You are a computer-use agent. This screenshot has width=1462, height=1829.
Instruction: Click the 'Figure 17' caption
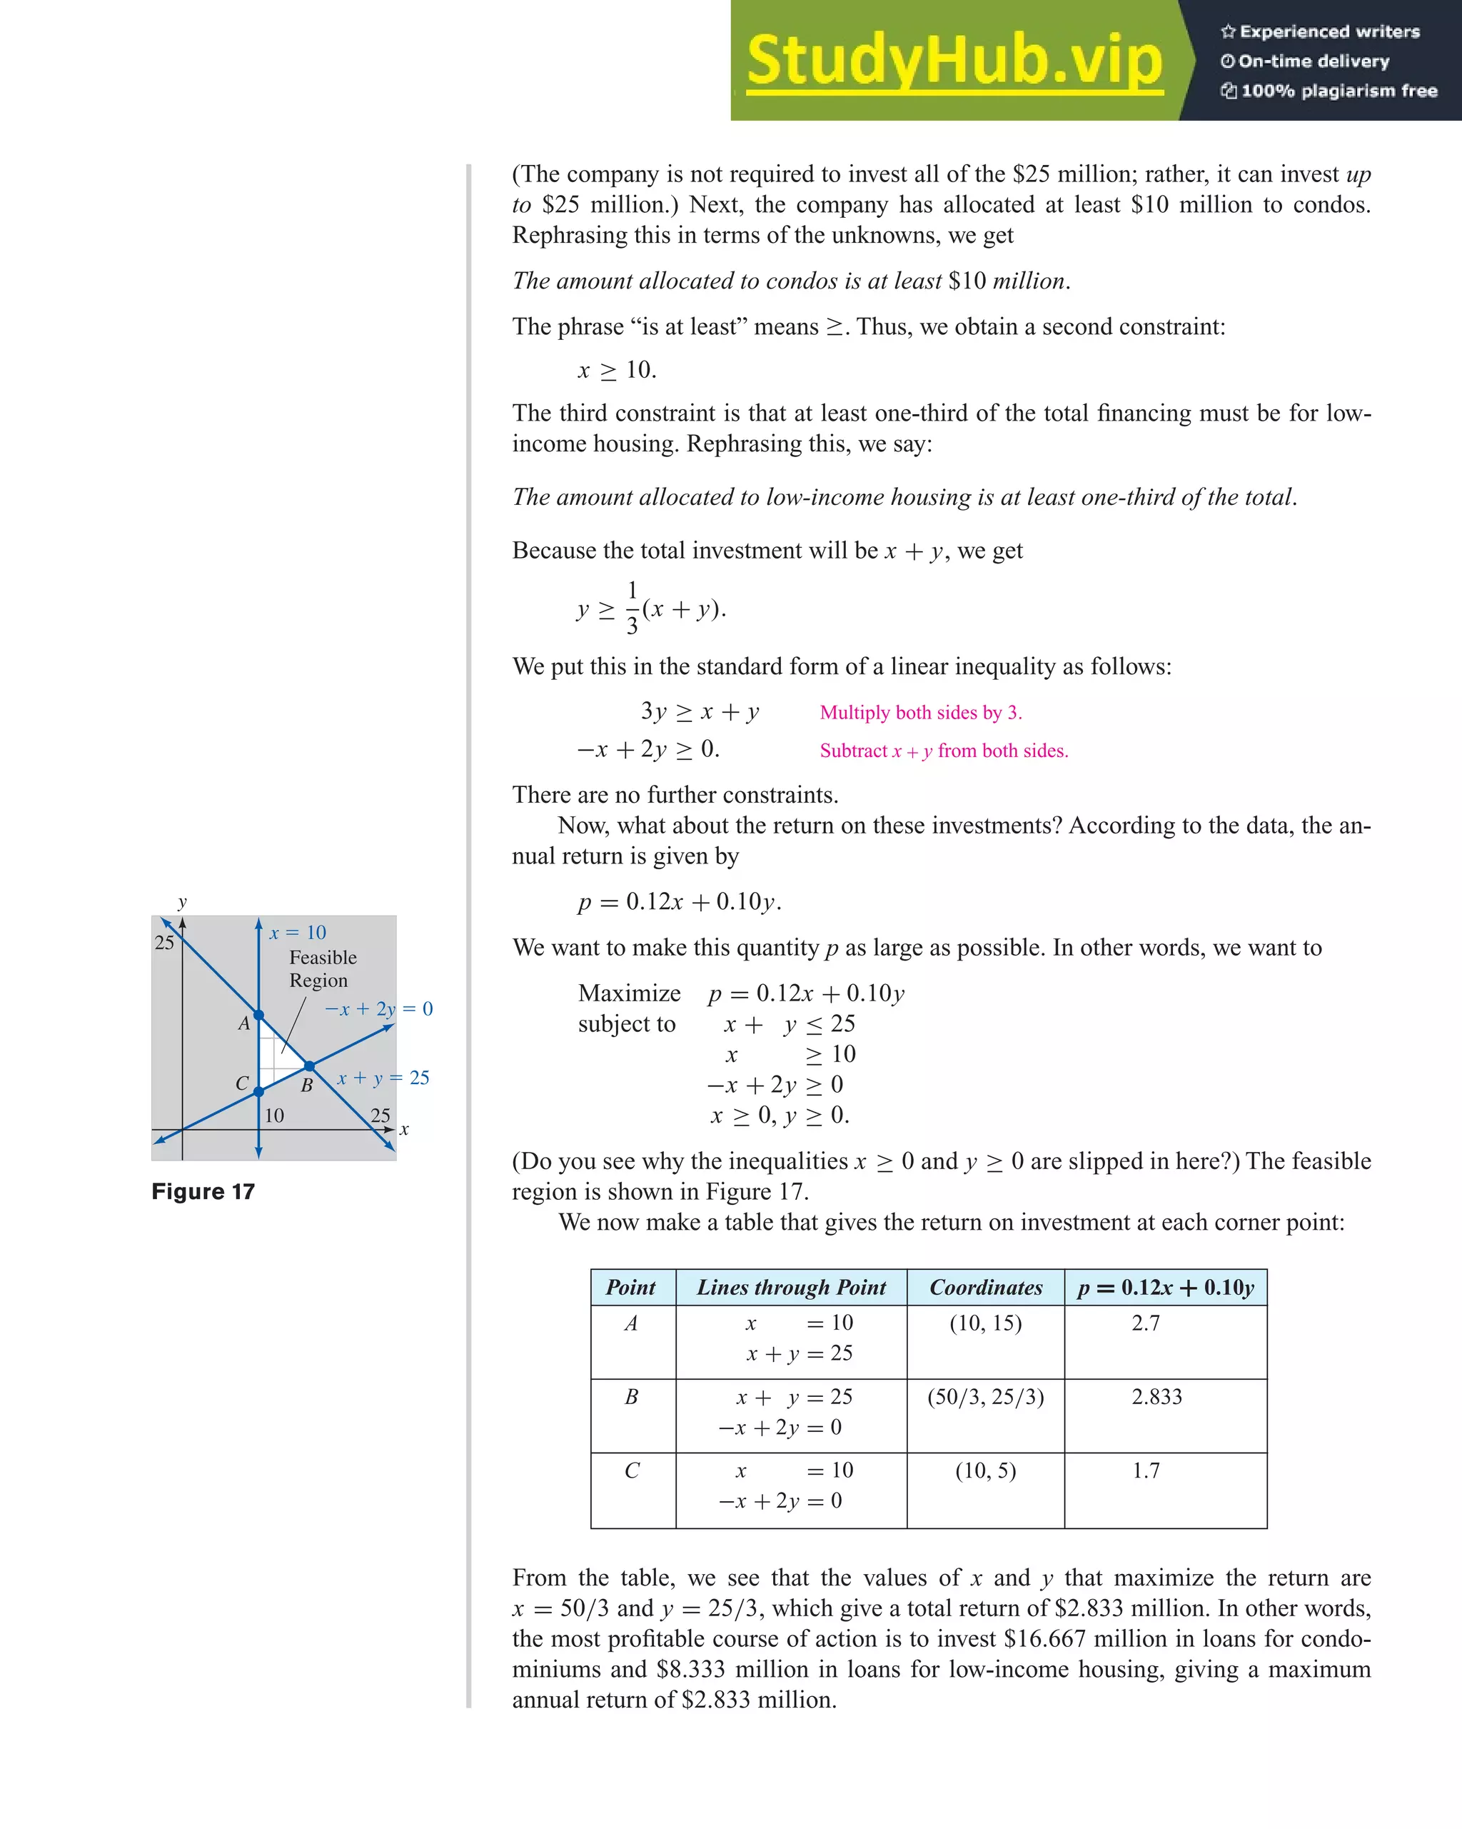[203, 1192]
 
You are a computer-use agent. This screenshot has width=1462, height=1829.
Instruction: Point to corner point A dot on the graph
[258, 1015]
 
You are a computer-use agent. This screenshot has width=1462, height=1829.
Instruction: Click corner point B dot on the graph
[310, 1066]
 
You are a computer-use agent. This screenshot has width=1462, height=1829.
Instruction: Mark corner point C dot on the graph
[258, 1092]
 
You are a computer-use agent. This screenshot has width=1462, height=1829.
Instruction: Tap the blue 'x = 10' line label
[298, 932]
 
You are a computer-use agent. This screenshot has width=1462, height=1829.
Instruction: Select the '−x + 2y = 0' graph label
[378, 1008]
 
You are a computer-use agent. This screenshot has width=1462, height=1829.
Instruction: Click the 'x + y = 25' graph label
[383, 1078]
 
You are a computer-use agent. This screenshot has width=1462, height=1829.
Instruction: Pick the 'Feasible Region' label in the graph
[322, 969]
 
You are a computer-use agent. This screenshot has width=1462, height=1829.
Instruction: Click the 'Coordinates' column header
[985, 1288]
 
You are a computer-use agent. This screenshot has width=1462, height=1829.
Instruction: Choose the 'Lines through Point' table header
[790, 1288]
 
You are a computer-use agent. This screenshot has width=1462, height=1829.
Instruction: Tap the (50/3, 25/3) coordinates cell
[985, 1397]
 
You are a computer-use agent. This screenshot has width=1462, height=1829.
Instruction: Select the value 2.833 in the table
[1156, 1397]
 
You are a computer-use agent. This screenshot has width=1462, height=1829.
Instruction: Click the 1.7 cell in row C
[1146, 1471]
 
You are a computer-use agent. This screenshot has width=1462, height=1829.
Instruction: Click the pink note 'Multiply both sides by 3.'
[921, 713]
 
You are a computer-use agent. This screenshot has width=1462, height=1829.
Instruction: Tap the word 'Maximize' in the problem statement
[629, 993]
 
